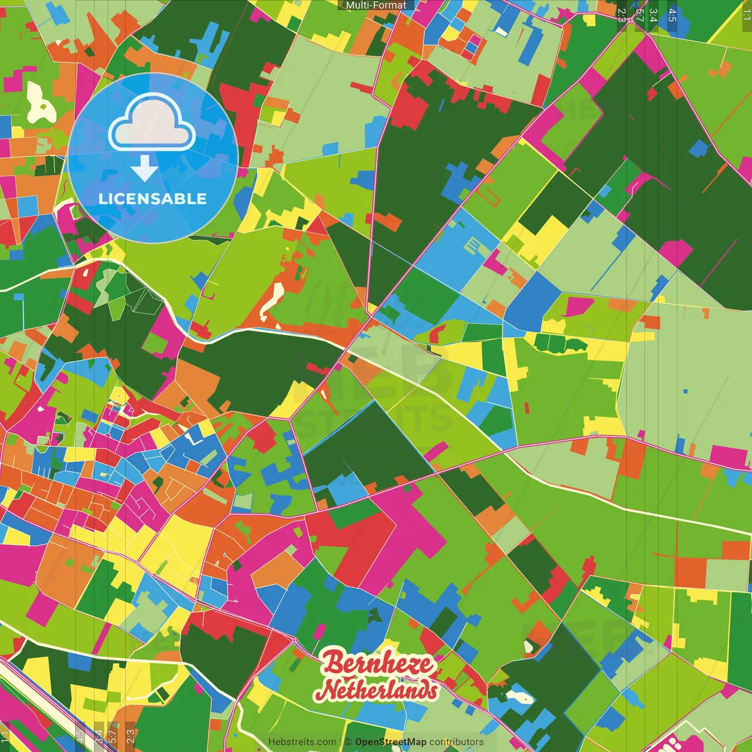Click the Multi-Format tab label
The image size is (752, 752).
pyautogui.click(x=376, y=5)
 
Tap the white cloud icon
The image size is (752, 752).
pyautogui.click(x=152, y=123)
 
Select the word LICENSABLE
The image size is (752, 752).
pyautogui.click(x=153, y=199)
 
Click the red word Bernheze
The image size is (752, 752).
pyautogui.click(x=377, y=663)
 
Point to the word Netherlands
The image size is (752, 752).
pyautogui.click(x=376, y=690)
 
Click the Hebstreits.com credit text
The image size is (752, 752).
pyautogui.click(x=302, y=742)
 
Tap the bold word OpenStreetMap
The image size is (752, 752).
pyautogui.click(x=391, y=742)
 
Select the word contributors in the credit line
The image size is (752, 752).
pyautogui.click(x=456, y=742)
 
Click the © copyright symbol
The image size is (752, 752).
pyautogui.click(x=348, y=742)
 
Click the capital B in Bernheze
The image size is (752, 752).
pyautogui.click(x=333, y=663)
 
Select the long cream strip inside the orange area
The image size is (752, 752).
pyautogui.click(x=271, y=300)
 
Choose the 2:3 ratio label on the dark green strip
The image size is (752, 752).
pyautogui.click(x=622, y=15)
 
